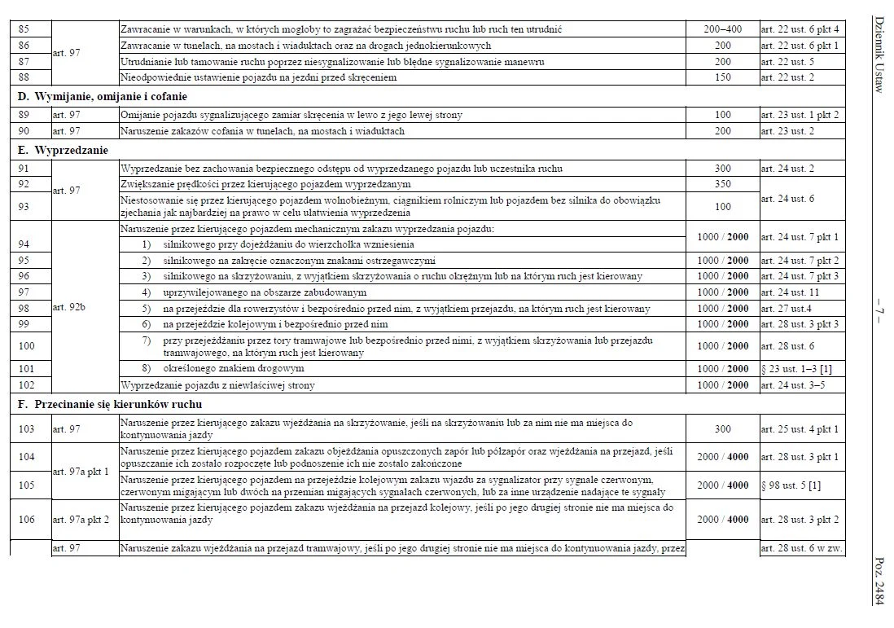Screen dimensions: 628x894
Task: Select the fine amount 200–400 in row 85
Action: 722,29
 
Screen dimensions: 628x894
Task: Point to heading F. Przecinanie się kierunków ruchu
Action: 110,404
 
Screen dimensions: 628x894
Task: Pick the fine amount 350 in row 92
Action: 722,184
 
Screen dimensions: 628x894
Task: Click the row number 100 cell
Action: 26,346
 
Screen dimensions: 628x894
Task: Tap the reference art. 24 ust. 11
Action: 789,292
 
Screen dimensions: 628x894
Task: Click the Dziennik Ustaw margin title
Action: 879,53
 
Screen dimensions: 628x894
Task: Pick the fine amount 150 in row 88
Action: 722,77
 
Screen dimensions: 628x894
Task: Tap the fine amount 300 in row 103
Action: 722,429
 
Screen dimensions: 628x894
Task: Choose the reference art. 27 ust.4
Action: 787,309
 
